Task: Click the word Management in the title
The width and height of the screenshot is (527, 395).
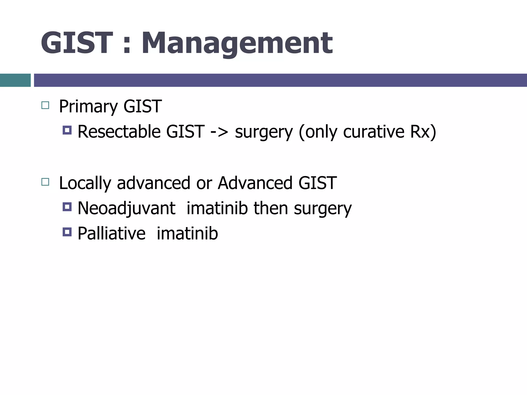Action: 237,43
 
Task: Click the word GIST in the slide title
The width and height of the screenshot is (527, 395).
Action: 77,43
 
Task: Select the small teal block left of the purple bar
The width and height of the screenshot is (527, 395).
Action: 15,80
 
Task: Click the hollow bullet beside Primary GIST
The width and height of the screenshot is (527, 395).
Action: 45,105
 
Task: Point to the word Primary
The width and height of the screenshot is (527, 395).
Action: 88,106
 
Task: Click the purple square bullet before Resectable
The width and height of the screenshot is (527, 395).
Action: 67,130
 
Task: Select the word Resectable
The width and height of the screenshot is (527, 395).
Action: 119,131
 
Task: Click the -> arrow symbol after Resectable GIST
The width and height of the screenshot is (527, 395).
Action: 219,132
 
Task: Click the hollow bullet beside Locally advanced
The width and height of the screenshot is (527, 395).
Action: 45,182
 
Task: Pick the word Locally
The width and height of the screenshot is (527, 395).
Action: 85,183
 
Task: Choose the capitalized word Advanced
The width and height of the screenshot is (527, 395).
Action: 255,183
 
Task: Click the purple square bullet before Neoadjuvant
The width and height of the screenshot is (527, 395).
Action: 67,207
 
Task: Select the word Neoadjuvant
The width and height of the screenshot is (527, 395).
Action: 126,208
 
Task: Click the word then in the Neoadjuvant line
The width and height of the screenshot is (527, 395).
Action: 271,208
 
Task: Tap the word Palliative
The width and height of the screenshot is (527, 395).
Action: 111,234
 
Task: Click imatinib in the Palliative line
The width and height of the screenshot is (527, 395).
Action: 187,234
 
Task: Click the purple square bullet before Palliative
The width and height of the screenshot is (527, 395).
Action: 67,232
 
